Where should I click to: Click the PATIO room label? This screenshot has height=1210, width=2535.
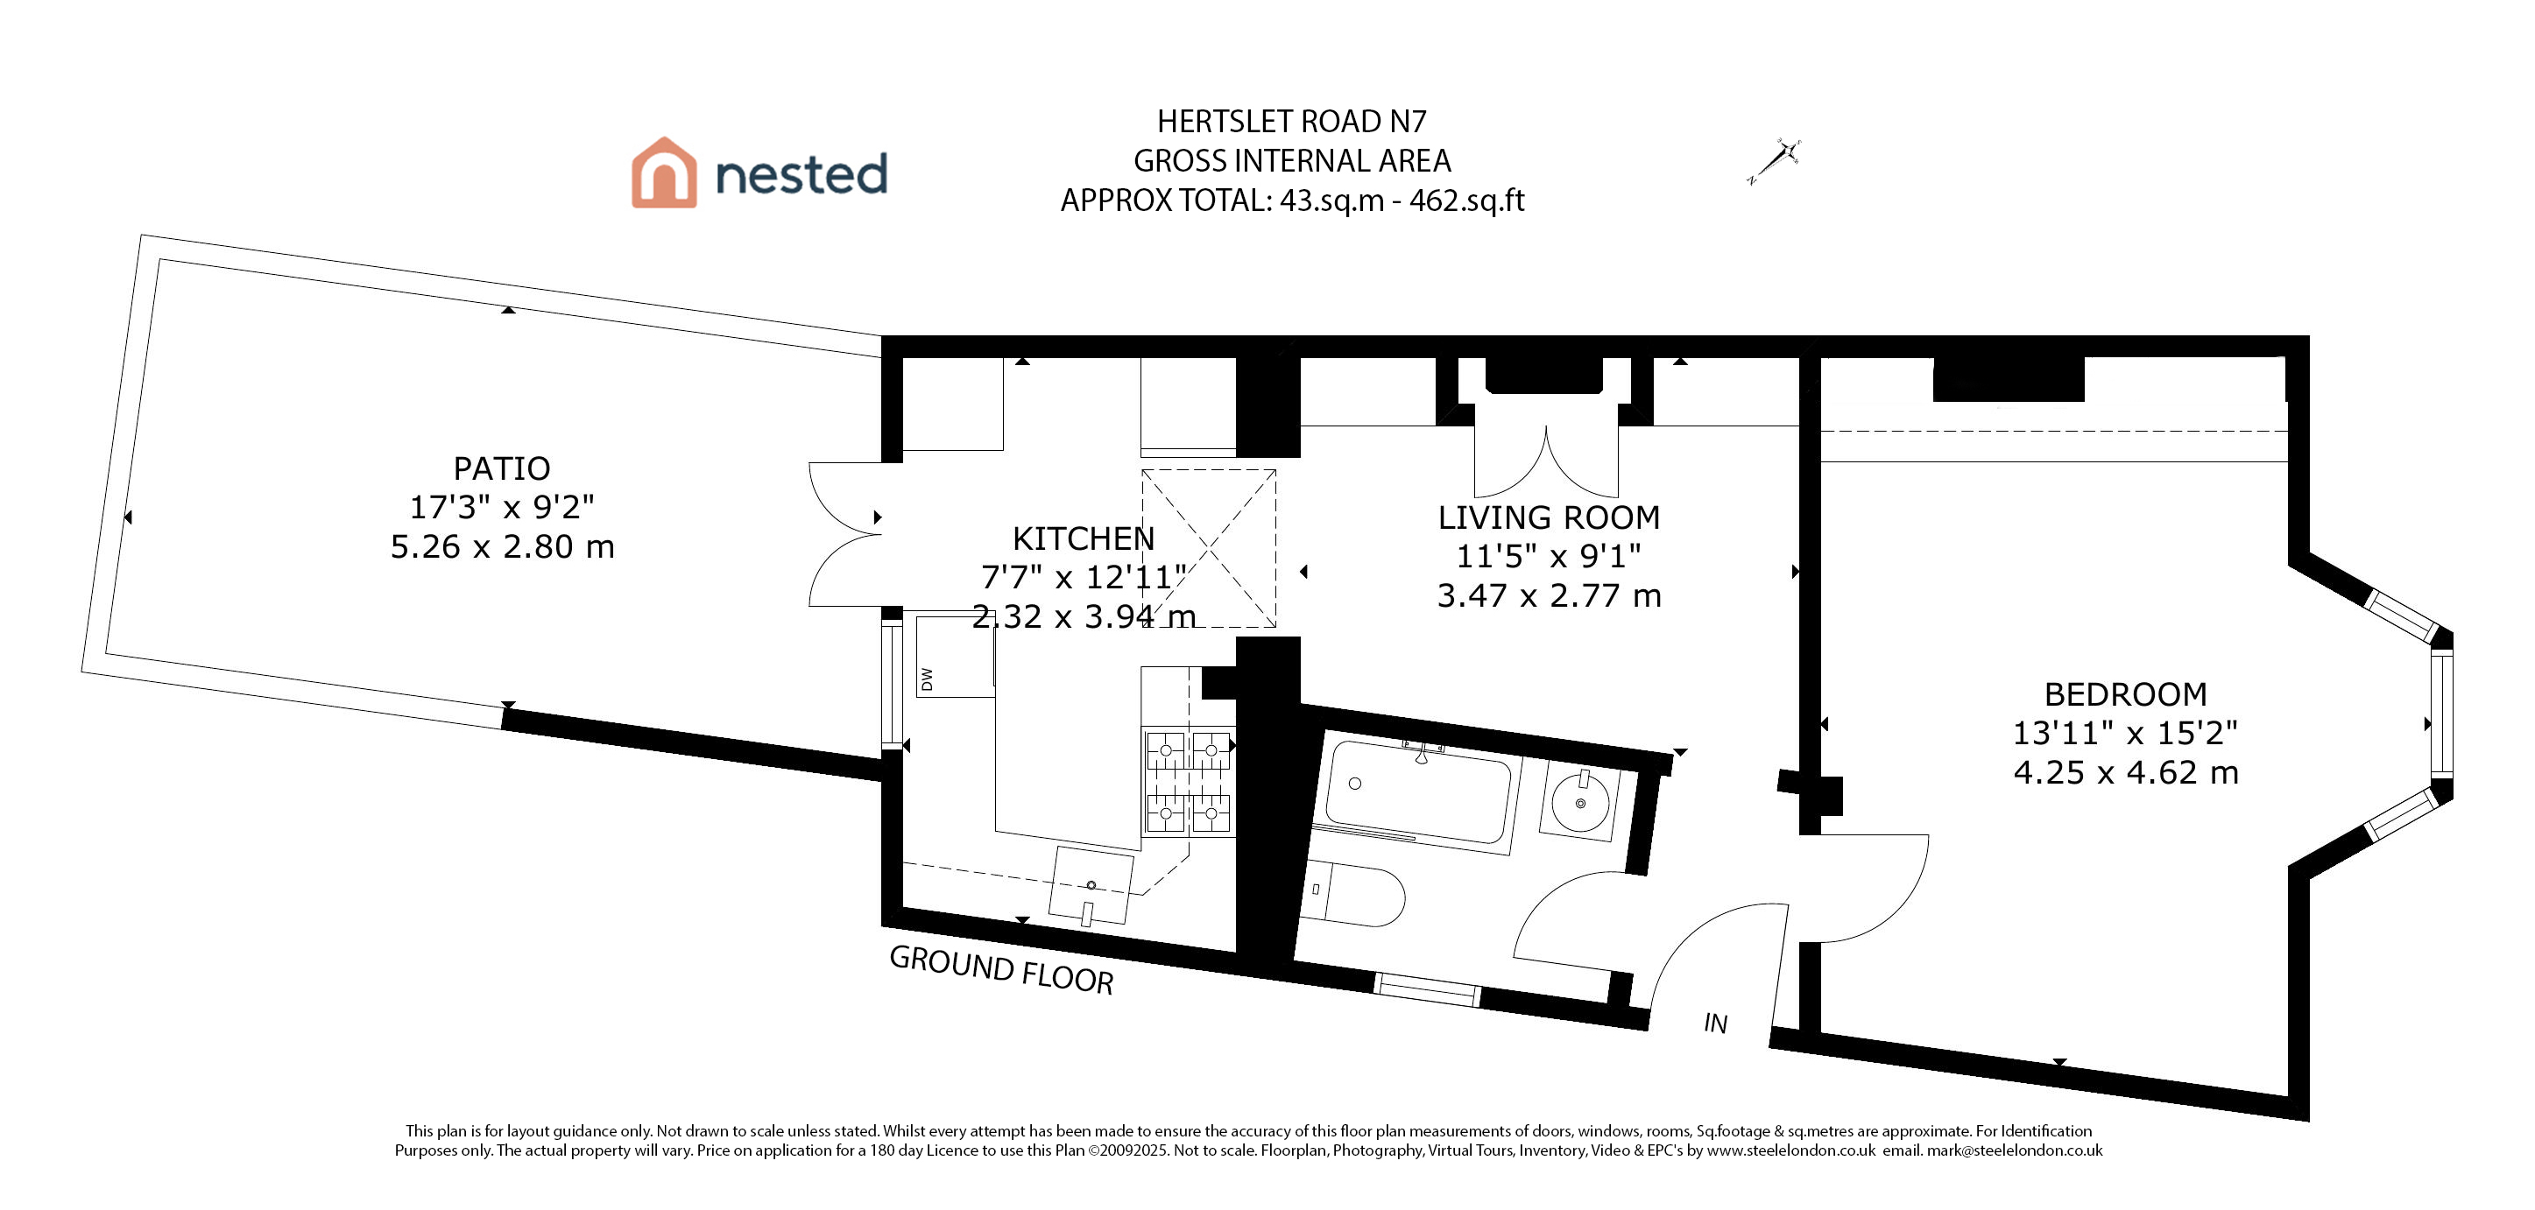[x=501, y=468]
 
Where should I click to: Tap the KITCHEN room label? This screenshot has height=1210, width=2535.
[x=1083, y=539]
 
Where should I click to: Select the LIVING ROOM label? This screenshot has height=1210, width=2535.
[x=1548, y=517]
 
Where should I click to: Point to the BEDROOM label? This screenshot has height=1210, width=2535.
[x=2125, y=694]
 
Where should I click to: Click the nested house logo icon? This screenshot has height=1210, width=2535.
[x=664, y=173]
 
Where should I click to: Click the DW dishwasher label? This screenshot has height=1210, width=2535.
[x=926, y=679]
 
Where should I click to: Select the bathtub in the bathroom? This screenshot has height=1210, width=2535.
[x=1418, y=791]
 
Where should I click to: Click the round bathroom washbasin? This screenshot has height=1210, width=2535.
[x=1579, y=803]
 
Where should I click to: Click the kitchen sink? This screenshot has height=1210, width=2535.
[x=1091, y=885]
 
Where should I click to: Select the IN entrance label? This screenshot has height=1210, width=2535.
[x=1715, y=1024]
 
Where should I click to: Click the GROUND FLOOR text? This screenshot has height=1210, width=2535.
[x=1001, y=969]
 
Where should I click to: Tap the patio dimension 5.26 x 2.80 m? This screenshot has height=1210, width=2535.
[x=502, y=547]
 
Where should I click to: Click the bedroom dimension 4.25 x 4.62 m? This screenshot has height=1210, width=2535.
[x=2126, y=773]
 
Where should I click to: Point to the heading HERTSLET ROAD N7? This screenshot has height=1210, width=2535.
[x=1291, y=122]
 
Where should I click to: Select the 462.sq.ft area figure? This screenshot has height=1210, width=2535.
[x=1466, y=200]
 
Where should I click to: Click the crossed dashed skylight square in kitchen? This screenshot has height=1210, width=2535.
[x=1209, y=548]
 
